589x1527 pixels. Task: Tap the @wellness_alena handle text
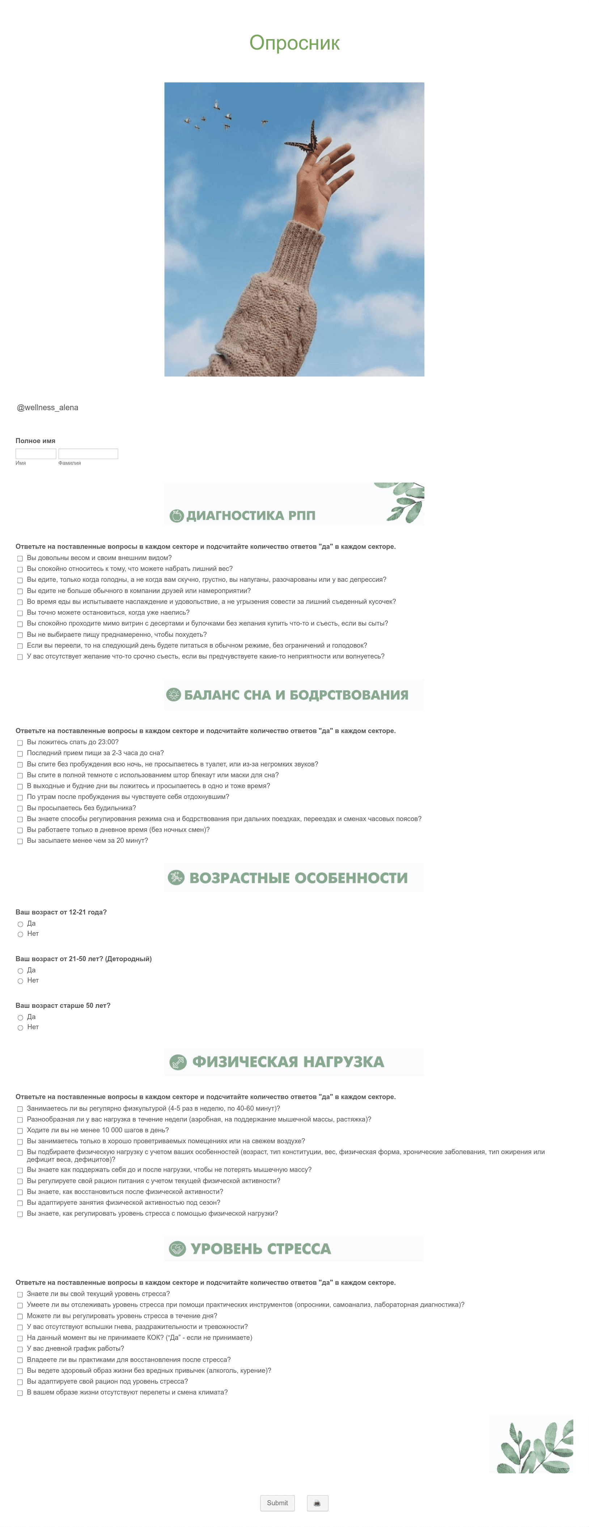click(47, 407)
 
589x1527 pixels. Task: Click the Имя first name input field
click(35, 454)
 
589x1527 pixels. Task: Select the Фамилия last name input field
click(88, 454)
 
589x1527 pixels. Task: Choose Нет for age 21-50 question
click(20, 981)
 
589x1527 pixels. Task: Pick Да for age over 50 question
click(20, 1018)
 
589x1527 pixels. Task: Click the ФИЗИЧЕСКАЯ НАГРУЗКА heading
click(288, 1062)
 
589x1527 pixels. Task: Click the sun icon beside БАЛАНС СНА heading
click(173, 695)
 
